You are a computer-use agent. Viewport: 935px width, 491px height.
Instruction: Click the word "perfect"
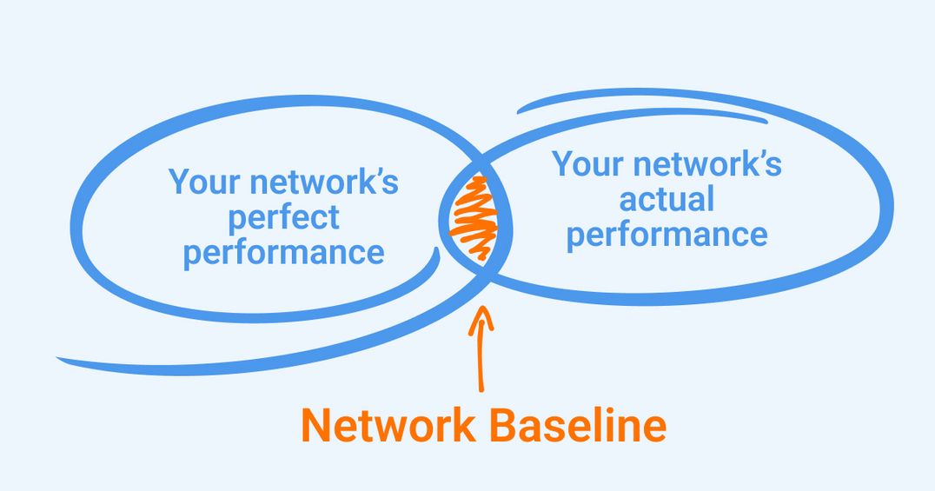(283, 217)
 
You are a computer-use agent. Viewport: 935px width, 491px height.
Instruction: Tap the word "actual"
(666, 200)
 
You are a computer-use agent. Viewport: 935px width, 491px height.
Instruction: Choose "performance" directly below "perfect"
(283, 253)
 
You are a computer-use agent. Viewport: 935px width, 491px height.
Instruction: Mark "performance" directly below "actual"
(666, 235)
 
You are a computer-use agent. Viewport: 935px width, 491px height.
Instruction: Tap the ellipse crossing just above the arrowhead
(484, 275)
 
